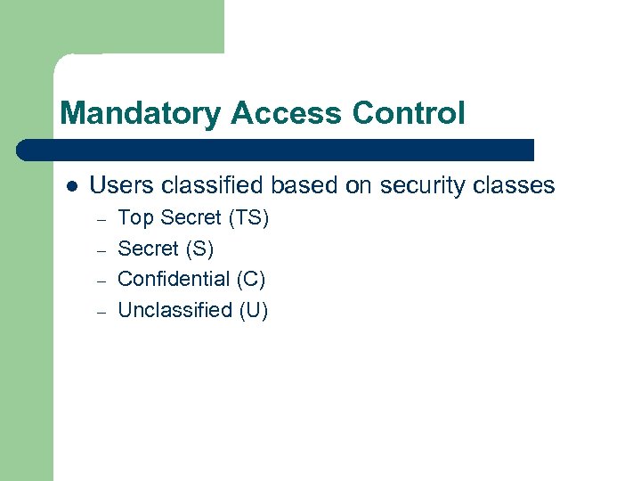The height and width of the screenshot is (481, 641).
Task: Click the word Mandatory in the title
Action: pos(141,114)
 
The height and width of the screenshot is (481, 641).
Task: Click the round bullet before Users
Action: pos(72,187)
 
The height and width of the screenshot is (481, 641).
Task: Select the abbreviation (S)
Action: pos(199,249)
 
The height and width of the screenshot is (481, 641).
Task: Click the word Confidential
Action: pos(174,279)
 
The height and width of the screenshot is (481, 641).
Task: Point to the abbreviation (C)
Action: pos(251,279)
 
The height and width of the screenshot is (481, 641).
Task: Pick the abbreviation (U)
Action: pos(254,310)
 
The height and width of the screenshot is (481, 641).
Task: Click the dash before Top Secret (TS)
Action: pos(101,219)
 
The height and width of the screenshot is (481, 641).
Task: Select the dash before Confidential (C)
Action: pos(101,281)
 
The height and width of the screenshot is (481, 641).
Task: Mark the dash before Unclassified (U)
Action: pos(101,311)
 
